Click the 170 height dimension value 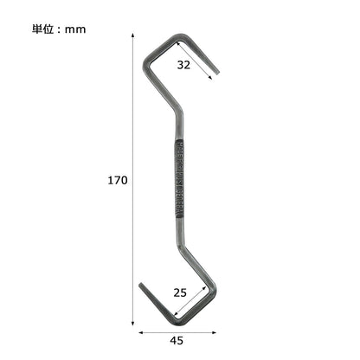[119, 181]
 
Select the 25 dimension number [179, 292]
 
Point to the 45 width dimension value [177, 339]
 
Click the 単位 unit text [42, 29]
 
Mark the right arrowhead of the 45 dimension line [215, 328]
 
